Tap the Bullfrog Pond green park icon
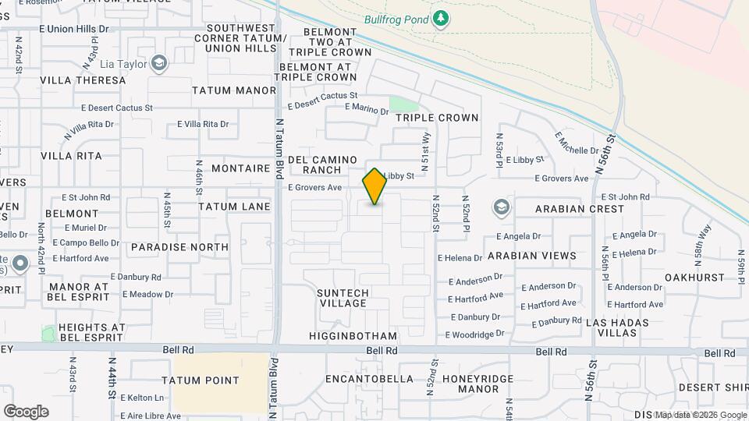coord(442,18)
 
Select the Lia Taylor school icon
coord(159,63)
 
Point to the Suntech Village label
coord(343,298)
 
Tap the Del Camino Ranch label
coord(322,165)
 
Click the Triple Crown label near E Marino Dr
coord(436,118)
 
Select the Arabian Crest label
coord(580,209)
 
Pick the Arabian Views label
coord(531,255)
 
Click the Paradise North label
coord(180,247)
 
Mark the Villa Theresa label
coord(83,80)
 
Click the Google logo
coord(26,412)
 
